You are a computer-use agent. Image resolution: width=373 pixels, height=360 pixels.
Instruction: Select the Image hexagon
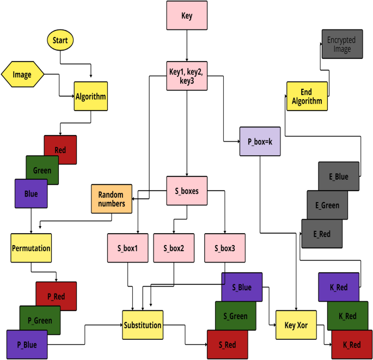click(x=22, y=74)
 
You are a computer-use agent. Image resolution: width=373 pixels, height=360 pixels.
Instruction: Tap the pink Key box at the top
click(x=187, y=15)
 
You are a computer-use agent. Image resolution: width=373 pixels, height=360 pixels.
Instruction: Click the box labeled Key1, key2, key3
click(x=187, y=75)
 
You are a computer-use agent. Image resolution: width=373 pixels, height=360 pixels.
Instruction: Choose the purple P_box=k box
click(x=260, y=142)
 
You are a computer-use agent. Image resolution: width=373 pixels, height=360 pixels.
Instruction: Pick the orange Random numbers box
click(x=111, y=199)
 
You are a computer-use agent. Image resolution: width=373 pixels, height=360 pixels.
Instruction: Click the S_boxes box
click(x=187, y=191)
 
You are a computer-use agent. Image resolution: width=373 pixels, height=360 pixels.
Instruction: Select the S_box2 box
click(x=174, y=248)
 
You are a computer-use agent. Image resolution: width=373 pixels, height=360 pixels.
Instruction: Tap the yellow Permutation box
click(x=31, y=248)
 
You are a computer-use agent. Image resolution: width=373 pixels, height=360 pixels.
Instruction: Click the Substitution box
click(x=143, y=325)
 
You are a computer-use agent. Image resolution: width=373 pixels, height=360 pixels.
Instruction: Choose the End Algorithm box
click(x=307, y=96)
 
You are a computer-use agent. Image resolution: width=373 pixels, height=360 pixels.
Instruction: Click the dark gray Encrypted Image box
click(x=341, y=44)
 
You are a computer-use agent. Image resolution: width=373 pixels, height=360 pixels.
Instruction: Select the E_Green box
click(x=327, y=205)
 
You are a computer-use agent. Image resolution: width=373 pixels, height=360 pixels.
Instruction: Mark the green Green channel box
click(x=42, y=170)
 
